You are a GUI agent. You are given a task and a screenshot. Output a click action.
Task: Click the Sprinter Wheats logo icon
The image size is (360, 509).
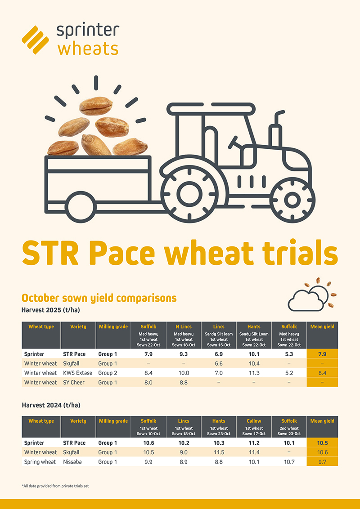tap(35, 39)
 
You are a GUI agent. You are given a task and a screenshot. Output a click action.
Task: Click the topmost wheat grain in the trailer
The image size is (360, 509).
tap(95, 106)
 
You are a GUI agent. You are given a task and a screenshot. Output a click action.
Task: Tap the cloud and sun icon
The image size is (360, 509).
tap(311, 295)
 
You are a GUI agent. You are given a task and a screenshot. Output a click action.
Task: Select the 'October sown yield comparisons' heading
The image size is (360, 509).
tap(99, 298)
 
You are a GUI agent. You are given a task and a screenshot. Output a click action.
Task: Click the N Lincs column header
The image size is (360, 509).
tap(183, 326)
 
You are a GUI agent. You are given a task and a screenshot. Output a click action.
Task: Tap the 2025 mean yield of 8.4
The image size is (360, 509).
tap(322, 373)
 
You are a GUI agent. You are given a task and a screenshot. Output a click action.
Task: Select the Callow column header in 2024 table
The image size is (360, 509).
tap(254, 421)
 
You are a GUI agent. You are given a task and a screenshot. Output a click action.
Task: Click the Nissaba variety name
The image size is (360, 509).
tap(74, 462)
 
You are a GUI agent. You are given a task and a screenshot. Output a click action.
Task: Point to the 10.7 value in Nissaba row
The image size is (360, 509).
tap(289, 462)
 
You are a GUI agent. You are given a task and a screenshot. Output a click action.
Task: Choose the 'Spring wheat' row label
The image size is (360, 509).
tap(40, 462)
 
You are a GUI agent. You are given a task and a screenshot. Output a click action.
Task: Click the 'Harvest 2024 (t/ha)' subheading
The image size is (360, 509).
tap(51, 405)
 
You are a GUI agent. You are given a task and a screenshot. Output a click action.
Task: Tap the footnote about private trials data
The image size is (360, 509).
tap(55, 486)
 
